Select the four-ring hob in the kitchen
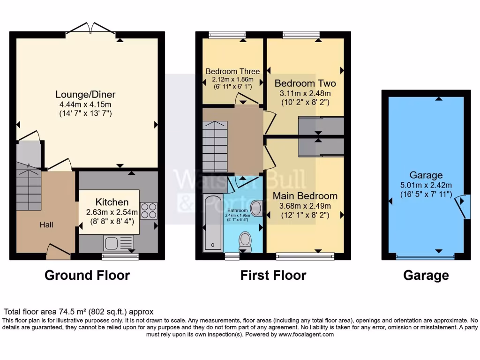point(149,210)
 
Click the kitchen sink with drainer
point(119,242)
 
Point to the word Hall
point(46,225)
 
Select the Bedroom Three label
point(232,72)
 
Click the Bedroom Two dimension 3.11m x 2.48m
point(305,93)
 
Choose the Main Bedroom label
point(305,196)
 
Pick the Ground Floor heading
point(87,275)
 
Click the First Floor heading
point(273,275)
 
